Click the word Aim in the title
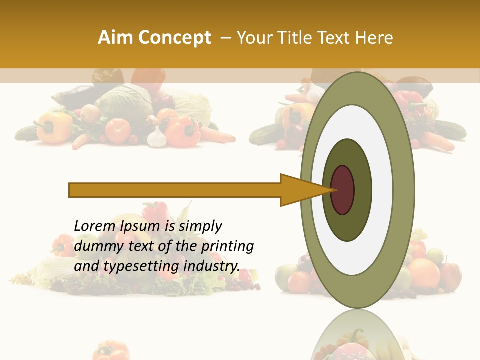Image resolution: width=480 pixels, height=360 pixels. click(x=116, y=38)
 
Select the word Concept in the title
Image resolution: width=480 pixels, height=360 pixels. click(x=174, y=38)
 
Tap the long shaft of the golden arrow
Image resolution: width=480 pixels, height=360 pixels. click(x=175, y=190)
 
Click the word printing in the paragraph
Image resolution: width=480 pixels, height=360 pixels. click(x=227, y=246)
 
